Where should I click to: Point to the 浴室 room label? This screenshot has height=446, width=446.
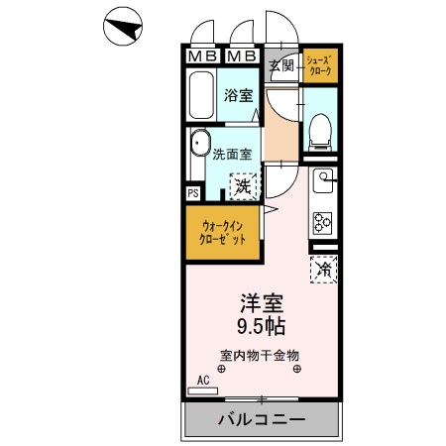238,95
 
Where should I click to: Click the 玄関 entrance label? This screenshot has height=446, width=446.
281,66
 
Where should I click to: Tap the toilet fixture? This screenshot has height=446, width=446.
319,130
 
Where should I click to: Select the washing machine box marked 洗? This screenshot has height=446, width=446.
243,184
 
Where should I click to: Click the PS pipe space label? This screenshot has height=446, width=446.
192,193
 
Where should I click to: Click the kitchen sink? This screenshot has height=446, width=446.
324,180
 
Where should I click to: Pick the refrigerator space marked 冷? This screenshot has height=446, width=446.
323,267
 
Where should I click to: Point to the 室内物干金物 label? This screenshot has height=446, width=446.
260,355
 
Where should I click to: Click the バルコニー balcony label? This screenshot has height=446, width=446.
262,420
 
